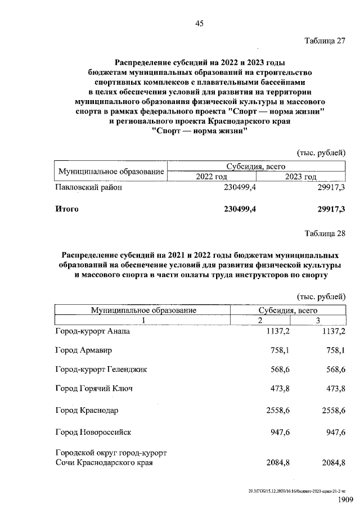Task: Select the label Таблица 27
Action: [x=325, y=41]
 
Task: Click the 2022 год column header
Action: [x=211, y=177]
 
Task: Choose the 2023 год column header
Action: [x=301, y=177]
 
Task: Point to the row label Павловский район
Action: [x=89, y=188]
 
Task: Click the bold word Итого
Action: [x=67, y=209]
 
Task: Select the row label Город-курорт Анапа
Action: [x=93, y=332]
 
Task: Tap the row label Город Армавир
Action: [x=84, y=351]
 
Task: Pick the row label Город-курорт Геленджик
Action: [x=101, y=370]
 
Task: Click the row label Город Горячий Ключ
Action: [x=94, y=389]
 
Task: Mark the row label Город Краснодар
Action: [x=87, y=411]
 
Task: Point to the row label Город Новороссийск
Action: [x=93, y=433]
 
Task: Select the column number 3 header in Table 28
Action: [x=318, y=320]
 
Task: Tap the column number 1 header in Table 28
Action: [x=143, y=320]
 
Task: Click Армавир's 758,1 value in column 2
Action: [x=280, y=351]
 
